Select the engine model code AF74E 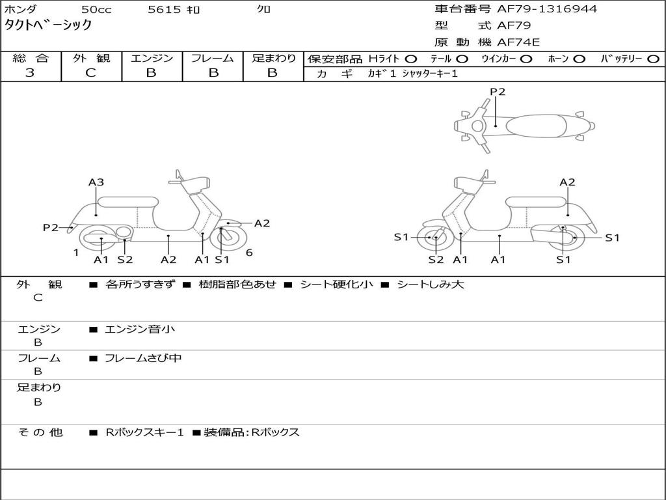518,43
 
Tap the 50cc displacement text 96,9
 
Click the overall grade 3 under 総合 30,73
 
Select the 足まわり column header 273,59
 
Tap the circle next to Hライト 411,59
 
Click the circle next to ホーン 579,59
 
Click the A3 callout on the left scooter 96,182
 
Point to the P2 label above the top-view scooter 498,92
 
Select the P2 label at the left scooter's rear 51,227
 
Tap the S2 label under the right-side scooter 436,260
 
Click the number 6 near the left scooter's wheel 249,253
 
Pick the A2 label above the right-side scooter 568,182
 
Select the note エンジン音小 139,329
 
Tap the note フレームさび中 143,358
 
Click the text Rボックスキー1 144,432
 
